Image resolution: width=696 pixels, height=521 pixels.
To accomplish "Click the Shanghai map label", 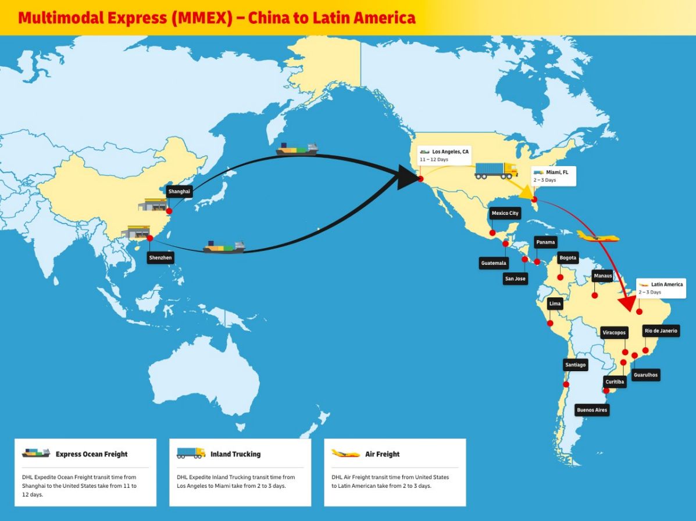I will click(x=179, y=191).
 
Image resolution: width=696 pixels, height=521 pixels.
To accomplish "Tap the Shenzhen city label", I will click(x=160, y=257).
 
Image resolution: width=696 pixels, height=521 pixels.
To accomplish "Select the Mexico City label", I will click(x=505, y=213).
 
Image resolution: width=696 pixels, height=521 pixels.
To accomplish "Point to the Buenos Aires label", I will click(x=592, y=410).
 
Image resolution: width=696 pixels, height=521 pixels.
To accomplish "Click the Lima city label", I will click(x=555, y=304).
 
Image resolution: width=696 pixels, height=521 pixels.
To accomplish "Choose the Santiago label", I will click(x=575, y=365).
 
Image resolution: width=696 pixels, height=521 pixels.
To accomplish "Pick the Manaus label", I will click(x=602, y=276).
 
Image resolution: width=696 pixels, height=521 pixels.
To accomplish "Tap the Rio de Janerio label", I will click(x=661, y=331).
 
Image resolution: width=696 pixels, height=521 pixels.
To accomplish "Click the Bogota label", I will click(x=567, y=257).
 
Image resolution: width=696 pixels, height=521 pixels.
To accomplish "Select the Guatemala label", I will click(x=494, y=263).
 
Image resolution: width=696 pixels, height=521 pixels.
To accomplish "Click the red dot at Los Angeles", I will click(x=420, y=178).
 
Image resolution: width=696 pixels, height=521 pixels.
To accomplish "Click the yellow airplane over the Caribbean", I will click(x=598, y=237).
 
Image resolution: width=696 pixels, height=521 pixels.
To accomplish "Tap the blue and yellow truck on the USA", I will click(x=496, y=170).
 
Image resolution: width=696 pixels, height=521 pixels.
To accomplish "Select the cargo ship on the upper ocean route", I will click(x=297, y=149).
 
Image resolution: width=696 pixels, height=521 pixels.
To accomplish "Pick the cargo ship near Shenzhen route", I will click(x=224, y=247).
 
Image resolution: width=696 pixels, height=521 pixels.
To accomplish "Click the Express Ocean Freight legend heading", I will click(x=91, y=454).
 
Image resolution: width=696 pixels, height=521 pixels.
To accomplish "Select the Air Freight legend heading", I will click(x=383, y=454).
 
